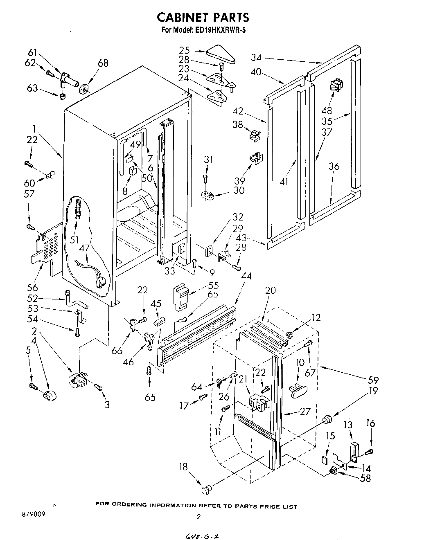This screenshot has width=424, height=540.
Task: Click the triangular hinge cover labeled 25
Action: pos(221,55)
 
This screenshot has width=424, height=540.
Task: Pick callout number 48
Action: pos(327,110)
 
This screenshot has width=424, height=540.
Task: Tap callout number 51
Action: pos(74,240)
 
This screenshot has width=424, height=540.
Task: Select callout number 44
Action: pos(246,277)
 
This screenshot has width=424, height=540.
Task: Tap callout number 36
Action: pos(334,166)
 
